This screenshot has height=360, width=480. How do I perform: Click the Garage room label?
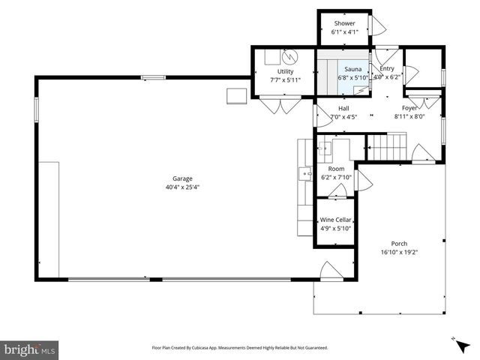click(x=182, y=178)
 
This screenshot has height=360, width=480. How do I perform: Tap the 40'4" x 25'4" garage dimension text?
click(x=182, y=187)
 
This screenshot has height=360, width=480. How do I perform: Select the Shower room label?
click(x=345, y=23)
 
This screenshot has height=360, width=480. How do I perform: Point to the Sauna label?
click(x=343, y=69)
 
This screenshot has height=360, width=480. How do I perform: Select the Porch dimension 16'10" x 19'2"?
click(x=399, y=253)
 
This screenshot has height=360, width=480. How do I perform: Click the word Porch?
click(x=399, y=244)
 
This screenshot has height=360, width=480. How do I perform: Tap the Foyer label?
click(x=409, y=108)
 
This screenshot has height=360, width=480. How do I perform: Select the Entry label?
click(x=386, y=68)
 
